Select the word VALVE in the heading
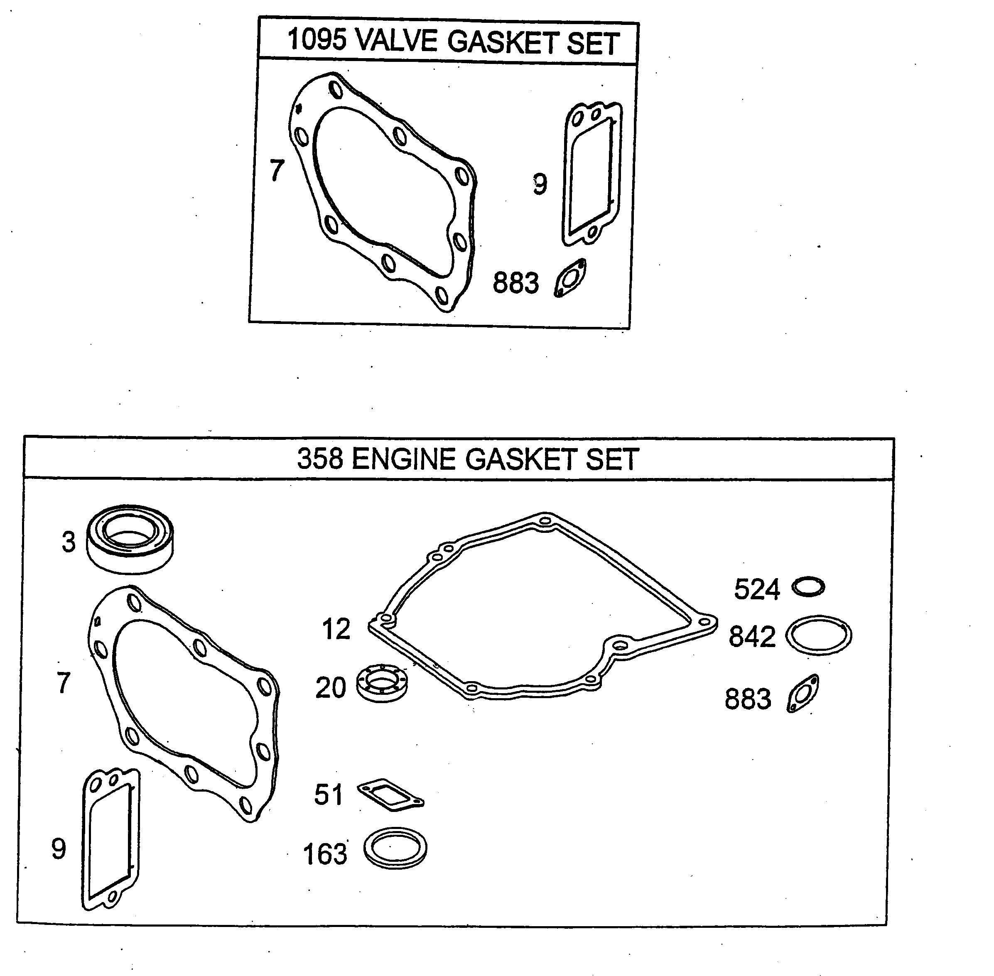(x=396, y=41)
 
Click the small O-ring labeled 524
(x=808, y=586)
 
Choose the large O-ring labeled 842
(x=818, y=635)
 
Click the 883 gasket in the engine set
(x=803, y=694)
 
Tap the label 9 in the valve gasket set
(x=540, y=184)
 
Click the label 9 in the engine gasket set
(x=59, y=849)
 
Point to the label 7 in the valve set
(x=277, y=170)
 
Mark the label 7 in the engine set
(x=64, y=683)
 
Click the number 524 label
(x=757, y=589)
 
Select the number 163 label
(x=325, y=854)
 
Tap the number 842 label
(x=752, y=637)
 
